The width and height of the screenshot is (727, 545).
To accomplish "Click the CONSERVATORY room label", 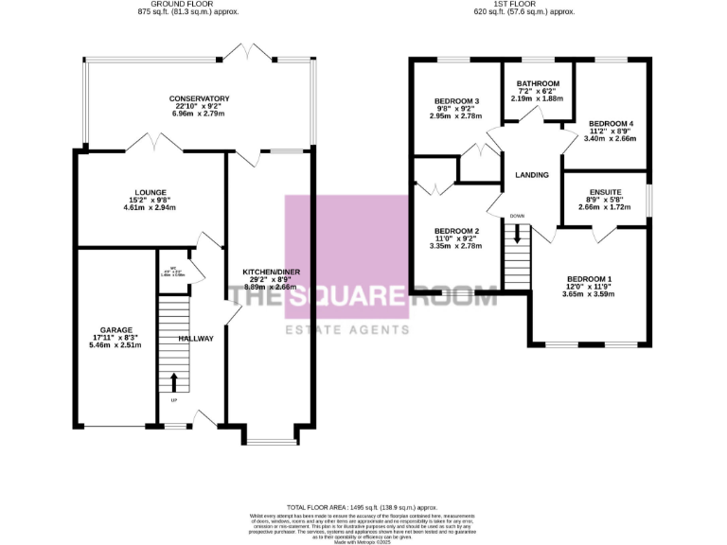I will [200, 98].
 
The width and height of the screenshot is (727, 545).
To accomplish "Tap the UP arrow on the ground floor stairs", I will [173, 381].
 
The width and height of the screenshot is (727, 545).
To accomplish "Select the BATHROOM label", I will [538, 83].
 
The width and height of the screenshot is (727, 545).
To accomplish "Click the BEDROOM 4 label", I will [612, 124].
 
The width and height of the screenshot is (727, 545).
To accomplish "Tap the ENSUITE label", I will [604, 190].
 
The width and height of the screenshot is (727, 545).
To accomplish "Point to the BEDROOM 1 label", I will [589, 279].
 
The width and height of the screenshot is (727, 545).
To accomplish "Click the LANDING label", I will [533, 175].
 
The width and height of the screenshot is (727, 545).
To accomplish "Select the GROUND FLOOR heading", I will [200, 4].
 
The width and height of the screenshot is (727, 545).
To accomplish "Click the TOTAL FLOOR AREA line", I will [363, 507].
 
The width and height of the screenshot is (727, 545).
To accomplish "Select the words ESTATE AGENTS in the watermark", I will [347, 329].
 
